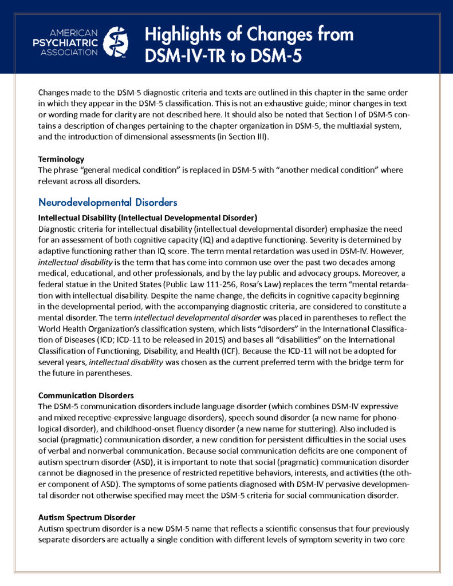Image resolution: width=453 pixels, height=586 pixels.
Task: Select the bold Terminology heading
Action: tap(61, 159)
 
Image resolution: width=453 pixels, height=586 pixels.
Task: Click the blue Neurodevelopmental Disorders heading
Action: tap(108, 202)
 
